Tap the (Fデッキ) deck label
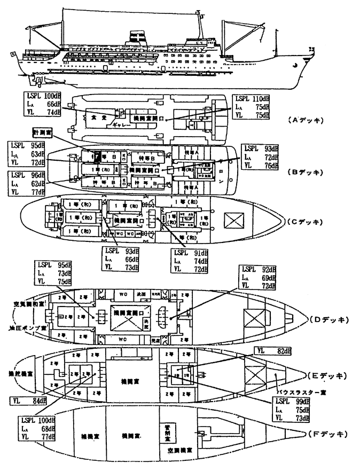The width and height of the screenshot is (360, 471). [326, 433]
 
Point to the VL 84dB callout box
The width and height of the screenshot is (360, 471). [26, 401]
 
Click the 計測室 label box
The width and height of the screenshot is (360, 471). [42, 132]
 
